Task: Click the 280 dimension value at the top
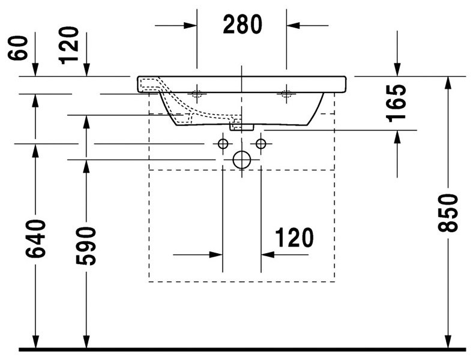(x=243, y=24)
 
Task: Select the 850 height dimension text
(x=447, y=213)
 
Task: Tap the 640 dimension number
(x=35, y=239)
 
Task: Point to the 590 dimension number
(x=86, y=245)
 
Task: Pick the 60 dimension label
(x=17, y=48)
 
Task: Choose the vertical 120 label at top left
(x=69, y=46)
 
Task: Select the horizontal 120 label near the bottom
(x=294, y=238)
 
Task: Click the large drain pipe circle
(x=242, y=160)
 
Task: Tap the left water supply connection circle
(x=223, y=143)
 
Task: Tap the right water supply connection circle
(x=261, y=143)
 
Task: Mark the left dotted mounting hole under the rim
(x=196, y=94)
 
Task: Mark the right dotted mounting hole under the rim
(x=286, y=94)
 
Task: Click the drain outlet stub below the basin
(x=242, y=127)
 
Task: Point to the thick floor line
(x=242, y=350)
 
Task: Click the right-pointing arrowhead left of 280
(x=190, y=25)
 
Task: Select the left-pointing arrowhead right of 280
(x=293, y=25)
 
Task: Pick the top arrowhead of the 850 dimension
(x=447, y=83)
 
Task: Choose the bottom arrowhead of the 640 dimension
(x=35, y=341)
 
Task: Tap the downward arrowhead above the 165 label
(x=397, y=70)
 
